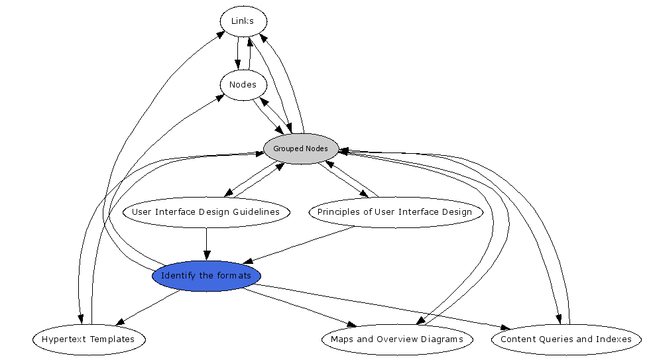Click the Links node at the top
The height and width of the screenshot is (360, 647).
(x=243, y=21)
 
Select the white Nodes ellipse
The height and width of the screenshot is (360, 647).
(x=243, y=85)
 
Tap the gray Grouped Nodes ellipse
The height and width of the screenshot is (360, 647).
(x=300, y=149)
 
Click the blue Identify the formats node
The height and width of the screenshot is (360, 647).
(x=206, y=276)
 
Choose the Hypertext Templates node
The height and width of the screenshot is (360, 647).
(x=88, y=339)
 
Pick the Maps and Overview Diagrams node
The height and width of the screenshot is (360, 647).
(x=397, y=339)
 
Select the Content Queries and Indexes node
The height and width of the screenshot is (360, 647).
(x=565, y=339)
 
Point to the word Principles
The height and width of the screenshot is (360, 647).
(x=337, y=212)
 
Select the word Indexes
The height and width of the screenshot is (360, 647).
(x=614, y=339)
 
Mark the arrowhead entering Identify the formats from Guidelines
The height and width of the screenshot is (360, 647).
(x=206, y=255)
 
